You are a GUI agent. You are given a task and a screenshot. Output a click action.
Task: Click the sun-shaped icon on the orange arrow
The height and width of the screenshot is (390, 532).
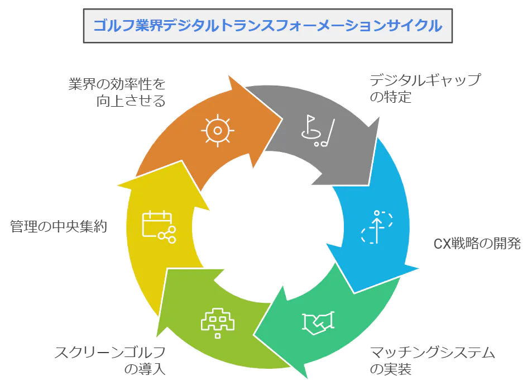[217, 130]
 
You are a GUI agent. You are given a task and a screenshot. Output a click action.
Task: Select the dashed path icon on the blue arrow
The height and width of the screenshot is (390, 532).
[377, 226]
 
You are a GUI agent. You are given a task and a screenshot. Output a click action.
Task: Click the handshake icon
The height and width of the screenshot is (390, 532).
[318, 322]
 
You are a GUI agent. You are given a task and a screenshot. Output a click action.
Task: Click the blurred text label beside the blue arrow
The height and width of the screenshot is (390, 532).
[478, 244]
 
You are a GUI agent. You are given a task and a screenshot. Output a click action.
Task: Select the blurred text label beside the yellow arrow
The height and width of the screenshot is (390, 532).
[57, 226]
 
